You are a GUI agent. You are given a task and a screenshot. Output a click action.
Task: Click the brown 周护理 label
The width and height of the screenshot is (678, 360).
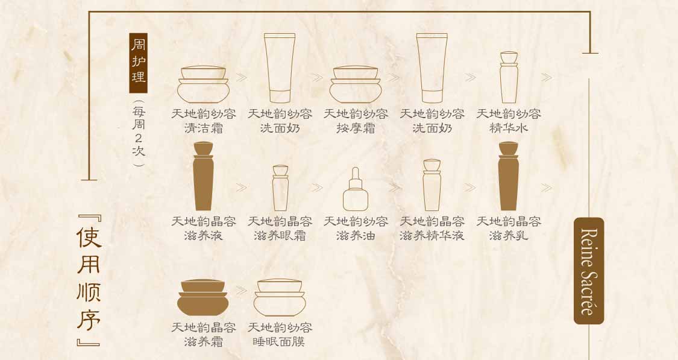point(139,63)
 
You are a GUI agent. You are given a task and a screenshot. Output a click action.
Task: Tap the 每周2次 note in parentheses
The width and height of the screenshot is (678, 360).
point(139,133)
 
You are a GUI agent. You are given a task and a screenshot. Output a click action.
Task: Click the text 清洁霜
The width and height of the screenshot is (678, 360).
point(203,128)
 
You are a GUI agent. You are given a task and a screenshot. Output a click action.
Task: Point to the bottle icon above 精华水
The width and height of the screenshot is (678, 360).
point(509,77)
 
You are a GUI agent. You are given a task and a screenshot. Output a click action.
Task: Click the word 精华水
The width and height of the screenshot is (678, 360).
point(509,128)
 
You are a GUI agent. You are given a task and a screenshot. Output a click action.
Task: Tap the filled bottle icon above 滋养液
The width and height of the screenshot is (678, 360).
point(203,176)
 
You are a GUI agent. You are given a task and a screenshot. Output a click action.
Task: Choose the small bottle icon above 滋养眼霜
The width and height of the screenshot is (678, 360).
point(280,188)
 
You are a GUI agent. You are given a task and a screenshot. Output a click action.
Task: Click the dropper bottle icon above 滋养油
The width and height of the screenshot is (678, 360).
point(356,189)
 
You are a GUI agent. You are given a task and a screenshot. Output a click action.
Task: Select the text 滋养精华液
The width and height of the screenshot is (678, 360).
point(432,235)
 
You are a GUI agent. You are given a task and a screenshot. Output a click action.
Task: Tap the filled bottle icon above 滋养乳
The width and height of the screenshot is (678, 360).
point(509,176)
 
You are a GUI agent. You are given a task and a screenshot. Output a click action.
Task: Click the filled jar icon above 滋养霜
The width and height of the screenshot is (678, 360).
point(202,298)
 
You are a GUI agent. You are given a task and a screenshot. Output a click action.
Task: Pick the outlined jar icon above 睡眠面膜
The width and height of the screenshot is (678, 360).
point(279,298)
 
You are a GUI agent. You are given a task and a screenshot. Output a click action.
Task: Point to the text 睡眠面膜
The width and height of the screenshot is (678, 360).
point(279,341)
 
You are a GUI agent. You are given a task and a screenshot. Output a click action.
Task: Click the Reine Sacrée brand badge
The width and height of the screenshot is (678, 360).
point(589,271)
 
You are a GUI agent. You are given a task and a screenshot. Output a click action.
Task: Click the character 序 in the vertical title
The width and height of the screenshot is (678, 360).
point(89,320)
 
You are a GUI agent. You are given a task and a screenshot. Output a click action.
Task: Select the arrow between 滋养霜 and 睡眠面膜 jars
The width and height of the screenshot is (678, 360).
point(241,290)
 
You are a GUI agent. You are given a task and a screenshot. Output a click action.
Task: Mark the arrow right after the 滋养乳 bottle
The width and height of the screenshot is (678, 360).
point(547,188)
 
